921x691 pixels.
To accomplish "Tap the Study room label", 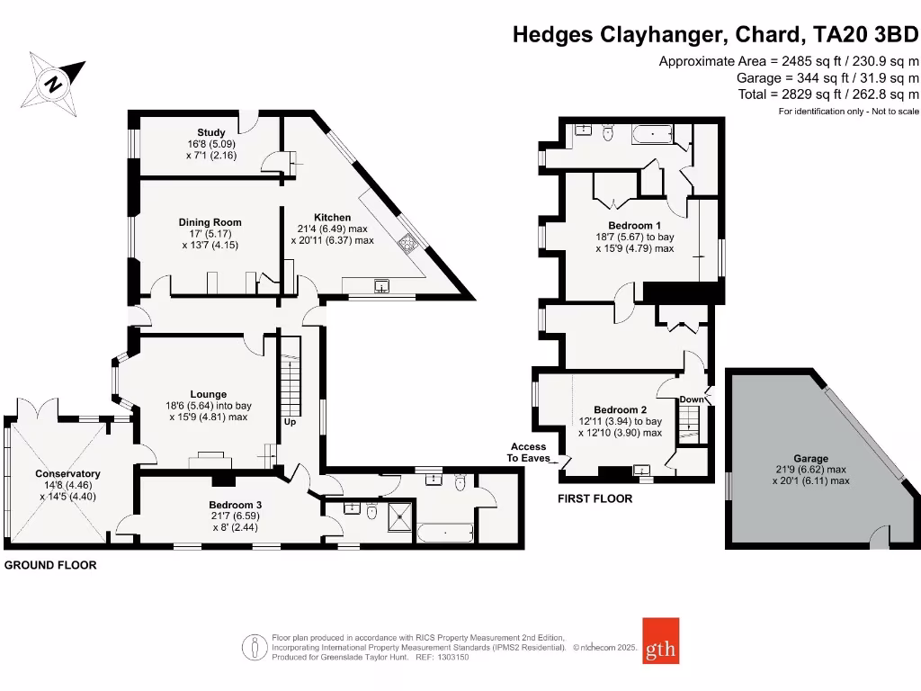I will pyautogui.click(x=211, y=132).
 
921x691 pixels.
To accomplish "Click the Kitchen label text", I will pyautogui.click(x=332, y=218).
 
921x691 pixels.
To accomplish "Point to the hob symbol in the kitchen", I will pyautogui.click(x=408, y=241).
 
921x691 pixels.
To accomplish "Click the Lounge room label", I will pyautogui.click(x=208, y=394).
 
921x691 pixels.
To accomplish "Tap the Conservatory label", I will pyautogui.click(x=67, y=473).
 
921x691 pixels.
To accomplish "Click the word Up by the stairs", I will pyautogui.click(x=290, y=421).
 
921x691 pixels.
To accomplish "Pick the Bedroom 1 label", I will pyautogui.click(x=634, y=225).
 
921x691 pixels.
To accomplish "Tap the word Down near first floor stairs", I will pyautogui.click(x=691, y=399).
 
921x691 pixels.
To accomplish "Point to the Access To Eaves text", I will pyautogui.click(x=529, y=452).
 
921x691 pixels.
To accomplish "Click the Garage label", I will pyautogui.click(x=810, y=458).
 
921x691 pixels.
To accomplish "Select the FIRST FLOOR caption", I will pyautogui.click(x=595, y=498).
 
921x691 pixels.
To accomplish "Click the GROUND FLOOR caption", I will pyautogui.click(x=50, y=566).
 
